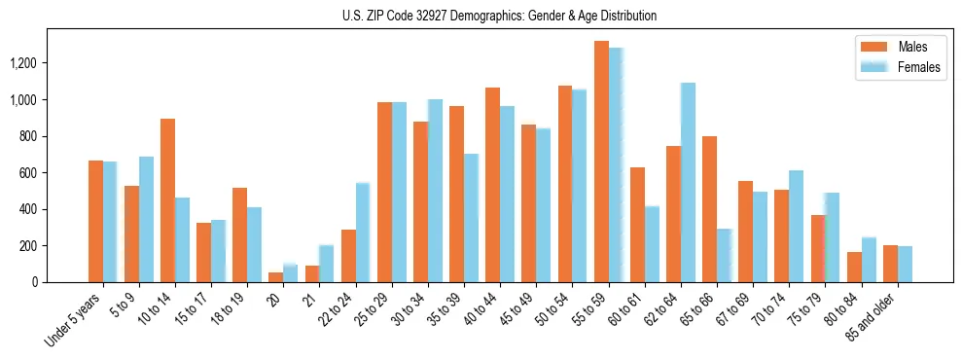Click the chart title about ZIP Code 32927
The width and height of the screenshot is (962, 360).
[x=500, y=16]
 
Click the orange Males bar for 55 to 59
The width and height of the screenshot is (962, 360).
[x=601, y=162]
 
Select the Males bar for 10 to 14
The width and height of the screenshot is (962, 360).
[x=167, y=200]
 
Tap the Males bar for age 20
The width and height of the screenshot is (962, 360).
[x=275, y=277]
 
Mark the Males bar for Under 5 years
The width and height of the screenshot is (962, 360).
[x=95, y=222]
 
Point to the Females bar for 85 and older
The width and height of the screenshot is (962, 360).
[x=905, y=265]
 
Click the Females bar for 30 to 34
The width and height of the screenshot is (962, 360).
[x=435, y=191]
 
